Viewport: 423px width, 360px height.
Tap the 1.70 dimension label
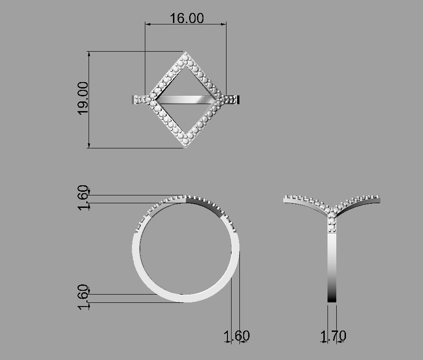point(333,336)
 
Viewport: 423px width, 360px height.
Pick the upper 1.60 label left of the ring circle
point(83,197)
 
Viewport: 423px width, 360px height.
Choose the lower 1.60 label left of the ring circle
point(83,297)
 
